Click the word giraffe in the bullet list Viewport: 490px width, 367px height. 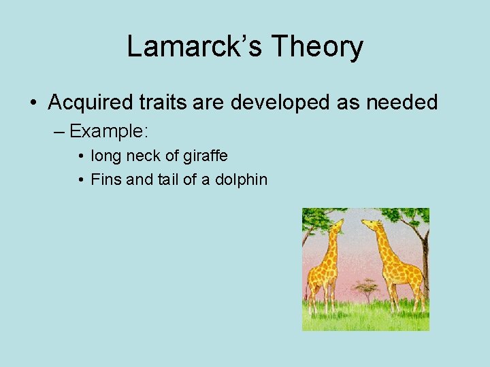coord(206,156)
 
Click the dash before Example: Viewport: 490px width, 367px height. coord(60,130)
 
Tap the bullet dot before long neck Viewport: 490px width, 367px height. coord(81,156)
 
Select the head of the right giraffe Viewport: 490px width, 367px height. coord(369,224)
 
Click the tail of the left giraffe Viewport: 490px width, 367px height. coord(308,289)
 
